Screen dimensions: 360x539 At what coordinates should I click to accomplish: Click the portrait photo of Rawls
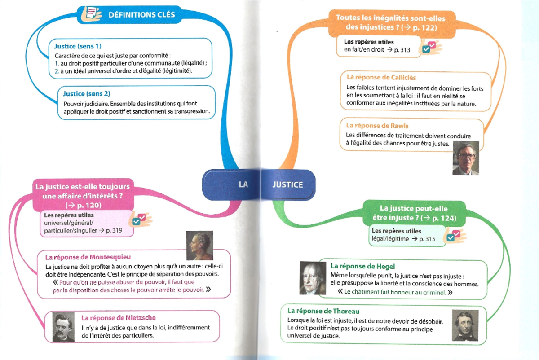[x=465, y=158]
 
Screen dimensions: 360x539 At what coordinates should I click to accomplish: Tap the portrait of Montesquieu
[x=199, y=246]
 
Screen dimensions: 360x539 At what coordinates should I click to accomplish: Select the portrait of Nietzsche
[x=63, y=327]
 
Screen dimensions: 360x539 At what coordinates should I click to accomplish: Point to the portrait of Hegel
[x=313, y=278]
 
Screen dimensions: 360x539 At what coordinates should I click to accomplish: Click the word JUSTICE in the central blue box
[x=287, y=184]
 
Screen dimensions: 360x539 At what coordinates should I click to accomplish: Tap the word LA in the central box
[x=243, y=184]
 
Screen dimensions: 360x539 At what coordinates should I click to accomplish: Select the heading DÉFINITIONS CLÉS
[x=141, y=14]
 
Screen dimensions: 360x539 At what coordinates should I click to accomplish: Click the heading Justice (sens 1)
[x=78, y=46]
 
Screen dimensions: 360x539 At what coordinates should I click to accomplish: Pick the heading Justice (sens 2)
[x=87, y=94]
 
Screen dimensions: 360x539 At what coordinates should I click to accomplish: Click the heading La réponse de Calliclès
[x=381, y=77]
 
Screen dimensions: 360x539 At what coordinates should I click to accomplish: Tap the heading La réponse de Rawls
[x=377, y=126]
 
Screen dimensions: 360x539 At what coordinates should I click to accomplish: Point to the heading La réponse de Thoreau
[x=323, y=311]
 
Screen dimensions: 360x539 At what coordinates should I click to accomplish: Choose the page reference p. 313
[x=402, y=50]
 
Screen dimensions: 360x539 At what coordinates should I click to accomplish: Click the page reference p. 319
[x=113, y=230]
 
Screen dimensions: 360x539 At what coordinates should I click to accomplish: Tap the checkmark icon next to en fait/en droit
[x=430, y=47]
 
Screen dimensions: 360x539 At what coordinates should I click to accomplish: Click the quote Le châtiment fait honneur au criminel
[x=394, y=292]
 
